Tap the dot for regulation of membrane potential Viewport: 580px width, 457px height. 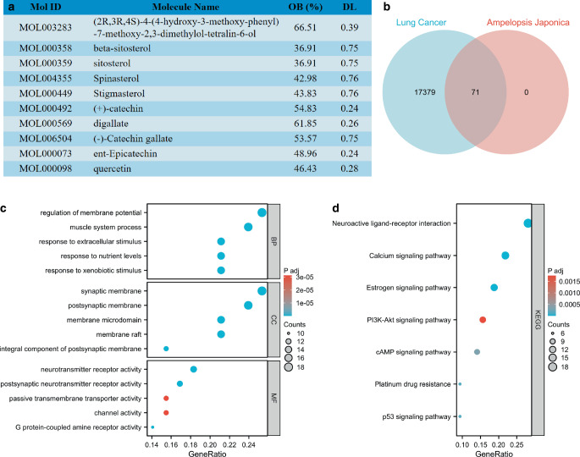tap(262, 212)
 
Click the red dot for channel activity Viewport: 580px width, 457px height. tap(166, 412)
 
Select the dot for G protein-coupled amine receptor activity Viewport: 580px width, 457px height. tap(152, 427)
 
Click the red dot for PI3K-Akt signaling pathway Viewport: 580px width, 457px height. tap(483, 320)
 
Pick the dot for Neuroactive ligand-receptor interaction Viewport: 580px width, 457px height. tap(528, 223)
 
